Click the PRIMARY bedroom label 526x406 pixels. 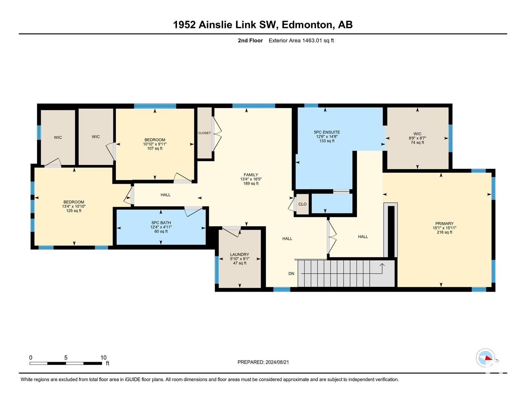coord(444,223)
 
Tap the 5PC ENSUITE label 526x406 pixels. coord(327,132)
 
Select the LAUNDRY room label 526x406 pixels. coord(239,254)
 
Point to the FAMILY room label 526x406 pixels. coord(251,175)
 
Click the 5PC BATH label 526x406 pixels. coord(161,223)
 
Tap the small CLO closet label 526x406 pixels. coord(302,204)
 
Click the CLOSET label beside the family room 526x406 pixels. coord(204,133)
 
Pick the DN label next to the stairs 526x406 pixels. coord(291,273)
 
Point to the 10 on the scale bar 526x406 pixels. coord(103,358)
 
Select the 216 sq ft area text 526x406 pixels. coord(444,232)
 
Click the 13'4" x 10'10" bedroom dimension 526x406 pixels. coord(74,206)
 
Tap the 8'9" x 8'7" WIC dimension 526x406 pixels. coord(417,138)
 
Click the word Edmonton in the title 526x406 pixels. coord(307,25)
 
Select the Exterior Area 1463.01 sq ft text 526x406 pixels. coord(301,40)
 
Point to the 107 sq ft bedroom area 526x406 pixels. coord(155,148)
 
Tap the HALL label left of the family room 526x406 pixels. coord(166,195)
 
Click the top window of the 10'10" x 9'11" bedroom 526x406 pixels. coord(155,106)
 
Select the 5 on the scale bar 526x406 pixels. coord(66,358)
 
